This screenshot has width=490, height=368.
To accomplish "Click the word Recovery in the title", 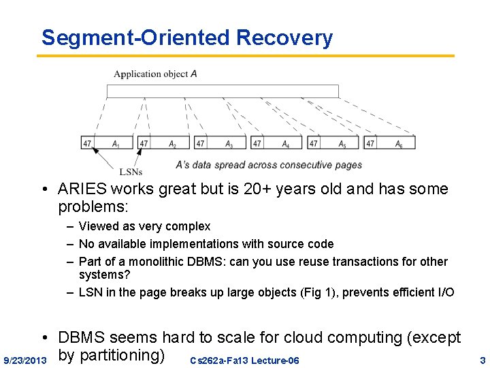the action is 284,37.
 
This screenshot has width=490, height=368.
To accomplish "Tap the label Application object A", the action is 155,74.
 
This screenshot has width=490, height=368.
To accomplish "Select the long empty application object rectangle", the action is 223,91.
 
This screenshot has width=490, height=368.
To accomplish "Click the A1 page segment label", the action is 116,144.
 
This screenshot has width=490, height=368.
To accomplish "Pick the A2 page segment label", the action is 173,144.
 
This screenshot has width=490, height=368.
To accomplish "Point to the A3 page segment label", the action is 229,144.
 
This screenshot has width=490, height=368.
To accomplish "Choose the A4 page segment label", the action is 286,144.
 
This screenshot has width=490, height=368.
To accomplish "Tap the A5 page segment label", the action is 342,144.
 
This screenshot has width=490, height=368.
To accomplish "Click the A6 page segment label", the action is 399,144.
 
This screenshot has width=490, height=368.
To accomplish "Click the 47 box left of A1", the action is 87,144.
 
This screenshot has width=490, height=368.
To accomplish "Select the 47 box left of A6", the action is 370,144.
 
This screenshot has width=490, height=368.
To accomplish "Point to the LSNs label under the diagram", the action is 131,172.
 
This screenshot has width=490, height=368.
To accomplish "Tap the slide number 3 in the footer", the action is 483,360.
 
